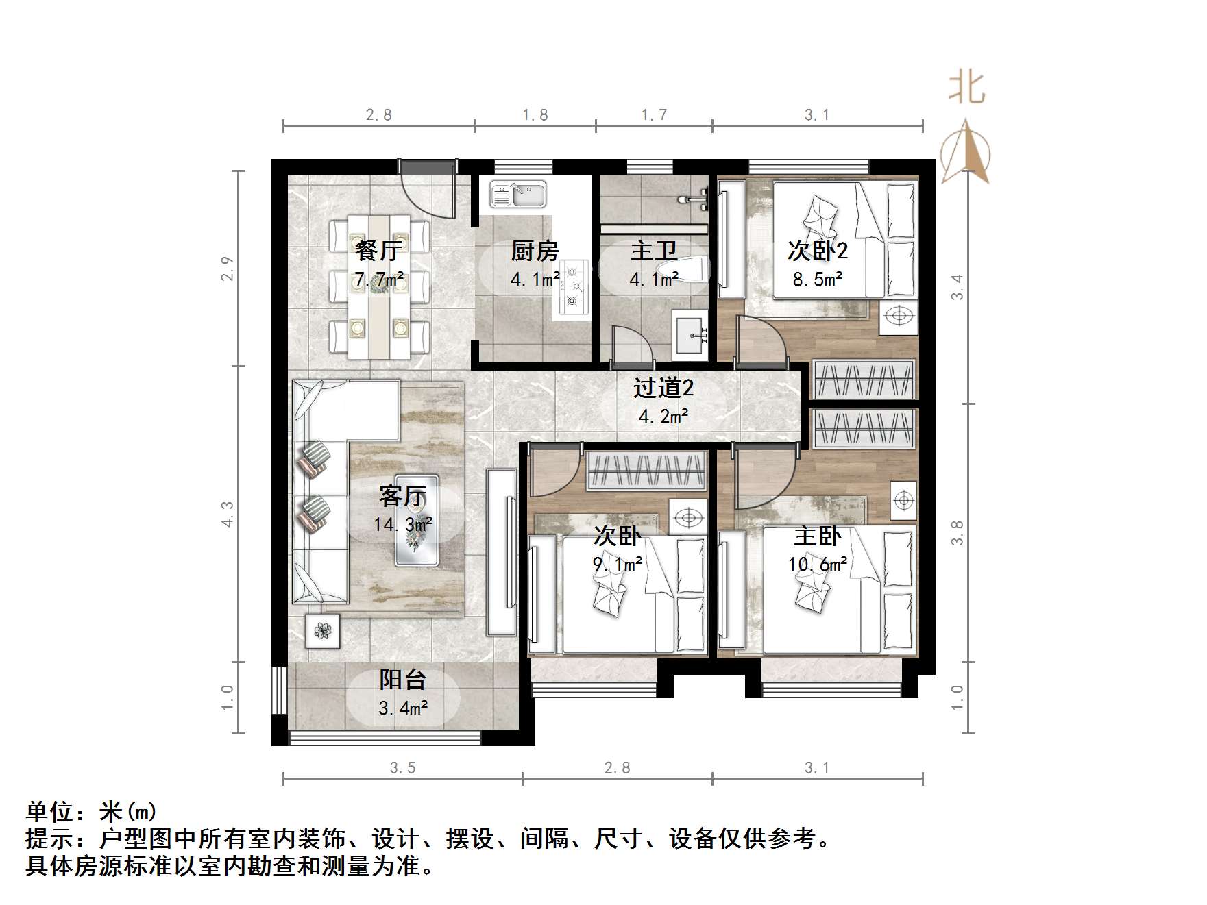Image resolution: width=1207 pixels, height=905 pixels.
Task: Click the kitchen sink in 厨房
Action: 518,194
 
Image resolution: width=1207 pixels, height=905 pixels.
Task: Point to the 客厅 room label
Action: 402,495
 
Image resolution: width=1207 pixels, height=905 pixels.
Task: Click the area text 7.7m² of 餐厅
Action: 379,280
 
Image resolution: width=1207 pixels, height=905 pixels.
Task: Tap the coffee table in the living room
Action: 417,520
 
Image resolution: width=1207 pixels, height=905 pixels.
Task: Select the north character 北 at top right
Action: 967,88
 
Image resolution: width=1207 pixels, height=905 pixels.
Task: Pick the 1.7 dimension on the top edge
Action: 654,114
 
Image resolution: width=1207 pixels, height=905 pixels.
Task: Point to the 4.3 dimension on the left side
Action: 228,514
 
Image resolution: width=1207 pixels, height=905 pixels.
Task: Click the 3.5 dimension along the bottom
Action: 403,768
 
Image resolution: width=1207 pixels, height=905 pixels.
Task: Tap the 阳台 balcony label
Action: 403,680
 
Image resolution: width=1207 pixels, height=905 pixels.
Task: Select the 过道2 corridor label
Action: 663,388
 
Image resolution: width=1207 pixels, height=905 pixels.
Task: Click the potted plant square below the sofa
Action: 322,630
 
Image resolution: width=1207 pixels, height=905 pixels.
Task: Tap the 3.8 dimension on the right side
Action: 958,532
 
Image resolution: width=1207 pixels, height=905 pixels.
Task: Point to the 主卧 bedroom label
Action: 817,536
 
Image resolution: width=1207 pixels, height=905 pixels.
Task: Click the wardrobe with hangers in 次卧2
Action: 864,379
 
